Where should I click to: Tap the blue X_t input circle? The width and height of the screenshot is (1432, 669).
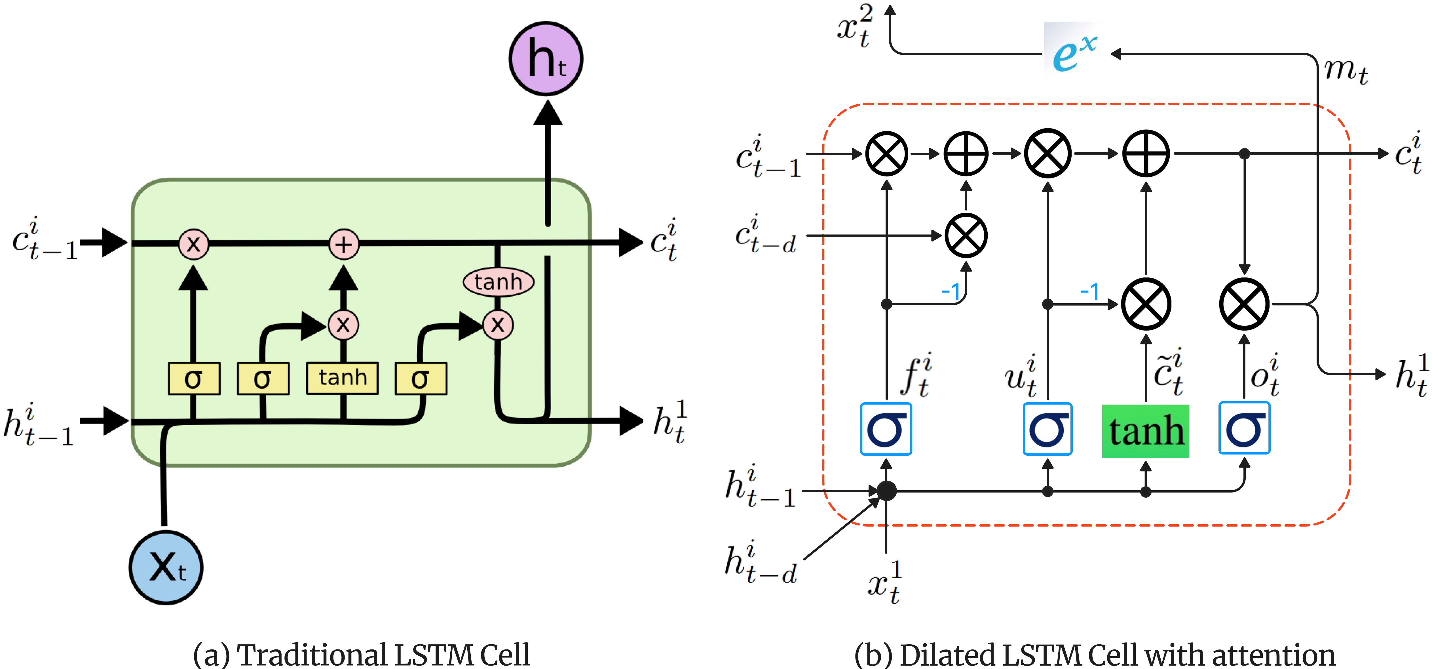(x=166, y=567)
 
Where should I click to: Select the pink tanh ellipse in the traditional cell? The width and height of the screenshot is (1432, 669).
(x=498, y=282)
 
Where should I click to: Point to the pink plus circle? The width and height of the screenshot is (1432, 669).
(x=344, y=244)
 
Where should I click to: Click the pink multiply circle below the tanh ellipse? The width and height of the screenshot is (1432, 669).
(x=498, y=325)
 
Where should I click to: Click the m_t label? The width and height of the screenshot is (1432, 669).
(x=1345, y=71)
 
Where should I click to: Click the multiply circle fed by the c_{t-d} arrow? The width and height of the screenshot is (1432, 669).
(x=966, y=235)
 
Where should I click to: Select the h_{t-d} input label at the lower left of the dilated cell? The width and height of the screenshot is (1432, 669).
(x=761, y=563)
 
